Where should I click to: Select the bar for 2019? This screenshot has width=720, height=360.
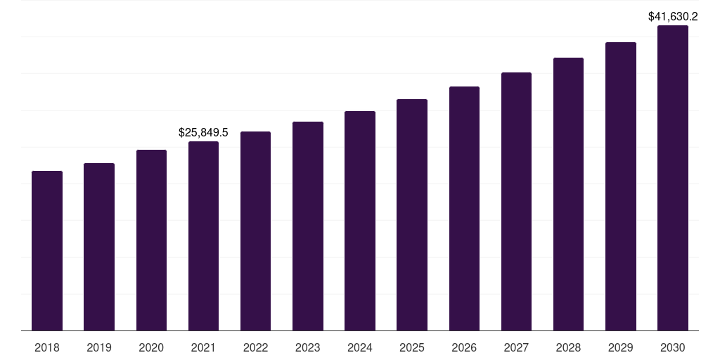click(99, 247)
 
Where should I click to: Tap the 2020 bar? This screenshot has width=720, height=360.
click(151, 240)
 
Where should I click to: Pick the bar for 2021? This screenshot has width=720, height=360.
click(203, 236)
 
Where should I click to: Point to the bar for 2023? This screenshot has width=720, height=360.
click(308, 226)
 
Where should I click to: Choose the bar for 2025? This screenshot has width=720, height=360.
click(412, 214)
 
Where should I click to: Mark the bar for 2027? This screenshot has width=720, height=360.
click(516, 201)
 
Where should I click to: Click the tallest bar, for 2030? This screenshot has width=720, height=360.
click(673, 178)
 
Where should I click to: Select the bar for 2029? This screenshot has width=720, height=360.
click(621, 186)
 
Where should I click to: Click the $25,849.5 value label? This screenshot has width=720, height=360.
click(203, 132)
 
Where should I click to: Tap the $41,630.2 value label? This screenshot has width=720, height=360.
click(673, 16)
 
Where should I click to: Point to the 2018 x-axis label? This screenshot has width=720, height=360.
click(47, 347)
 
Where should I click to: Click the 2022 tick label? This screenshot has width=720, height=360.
click(256, 347)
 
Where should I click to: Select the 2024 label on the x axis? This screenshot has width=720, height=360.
click(360, 347)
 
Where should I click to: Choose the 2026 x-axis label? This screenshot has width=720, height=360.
click(464, 347)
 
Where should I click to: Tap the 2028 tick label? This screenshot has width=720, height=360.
click(568, 347)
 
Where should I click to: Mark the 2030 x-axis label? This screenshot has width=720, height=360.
click(673, 347)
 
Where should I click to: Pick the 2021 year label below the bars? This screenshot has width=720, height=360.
click(203, 347)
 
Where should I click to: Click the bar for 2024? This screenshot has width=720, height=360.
click(360, 221)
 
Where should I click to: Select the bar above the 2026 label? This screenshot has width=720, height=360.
click(464, 208)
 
